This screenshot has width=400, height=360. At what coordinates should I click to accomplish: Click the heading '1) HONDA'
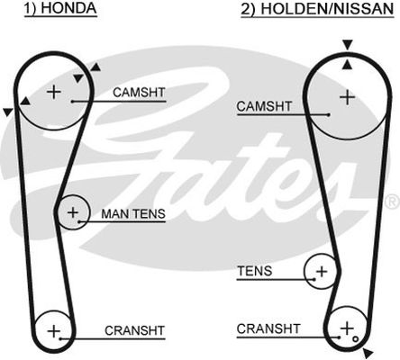(x=60, y=8)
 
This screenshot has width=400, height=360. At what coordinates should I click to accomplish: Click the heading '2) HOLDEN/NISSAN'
(x=317, y=8)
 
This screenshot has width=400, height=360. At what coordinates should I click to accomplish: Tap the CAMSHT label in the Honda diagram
(x=139, y=93)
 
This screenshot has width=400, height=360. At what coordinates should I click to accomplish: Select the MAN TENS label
(x=133, y=214)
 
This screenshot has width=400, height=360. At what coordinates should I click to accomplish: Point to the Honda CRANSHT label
(x=134, y=330)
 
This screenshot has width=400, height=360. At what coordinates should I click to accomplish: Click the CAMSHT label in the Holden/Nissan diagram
(x=264, y=106)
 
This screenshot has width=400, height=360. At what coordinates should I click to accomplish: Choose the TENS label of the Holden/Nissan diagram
(x=255, y=271)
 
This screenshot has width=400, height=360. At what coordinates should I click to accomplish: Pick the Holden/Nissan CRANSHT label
(x=268, y=328)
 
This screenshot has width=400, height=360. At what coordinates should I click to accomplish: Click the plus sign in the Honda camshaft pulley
(x=54, y=92)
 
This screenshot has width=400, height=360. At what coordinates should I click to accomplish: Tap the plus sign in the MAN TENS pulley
(x=73, y=212)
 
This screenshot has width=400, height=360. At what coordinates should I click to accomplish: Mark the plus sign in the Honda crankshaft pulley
(x=54, y=331)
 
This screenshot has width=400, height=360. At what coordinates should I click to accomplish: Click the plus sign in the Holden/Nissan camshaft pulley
(x=347, y=97)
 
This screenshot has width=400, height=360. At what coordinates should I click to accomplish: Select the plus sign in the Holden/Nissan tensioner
(x=322, y=272)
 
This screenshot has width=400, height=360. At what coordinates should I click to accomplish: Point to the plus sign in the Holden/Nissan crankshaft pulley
(x=347, y=328)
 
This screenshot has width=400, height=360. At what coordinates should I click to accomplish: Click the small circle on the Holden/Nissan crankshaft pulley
(x=356, y=339)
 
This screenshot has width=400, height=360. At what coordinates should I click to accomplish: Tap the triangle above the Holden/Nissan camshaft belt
(x=348, y=45)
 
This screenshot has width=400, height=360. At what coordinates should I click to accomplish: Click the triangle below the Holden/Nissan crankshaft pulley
(x=368, y=353)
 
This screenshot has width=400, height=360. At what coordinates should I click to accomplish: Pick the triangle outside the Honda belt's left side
(x=7, y=112)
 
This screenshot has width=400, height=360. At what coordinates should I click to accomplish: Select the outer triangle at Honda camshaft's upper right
(x=95, y=67)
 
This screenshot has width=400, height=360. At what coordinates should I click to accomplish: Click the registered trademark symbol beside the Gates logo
(x=393, y=202)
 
